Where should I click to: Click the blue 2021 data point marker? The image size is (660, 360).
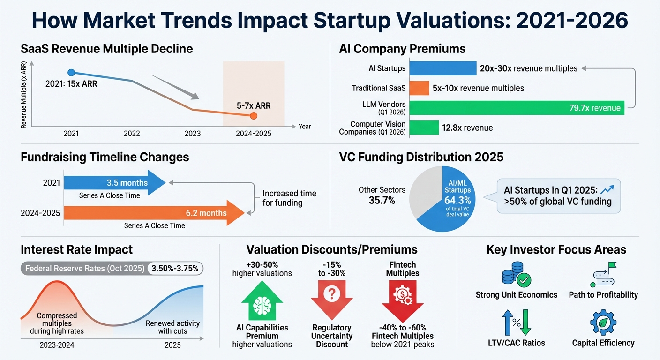(71, 72)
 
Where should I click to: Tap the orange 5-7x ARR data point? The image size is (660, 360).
(254, 116)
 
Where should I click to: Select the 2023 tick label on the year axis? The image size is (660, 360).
(192, 134)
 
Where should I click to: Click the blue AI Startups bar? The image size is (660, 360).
(442, 68)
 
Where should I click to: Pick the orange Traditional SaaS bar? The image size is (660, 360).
(419, 88)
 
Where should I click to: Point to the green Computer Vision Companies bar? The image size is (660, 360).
(424, 127)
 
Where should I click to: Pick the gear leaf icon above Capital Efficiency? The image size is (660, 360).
(603, 322)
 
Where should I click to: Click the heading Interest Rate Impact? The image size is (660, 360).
(76, 249)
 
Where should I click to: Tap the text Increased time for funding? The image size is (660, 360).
(289, 198)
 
